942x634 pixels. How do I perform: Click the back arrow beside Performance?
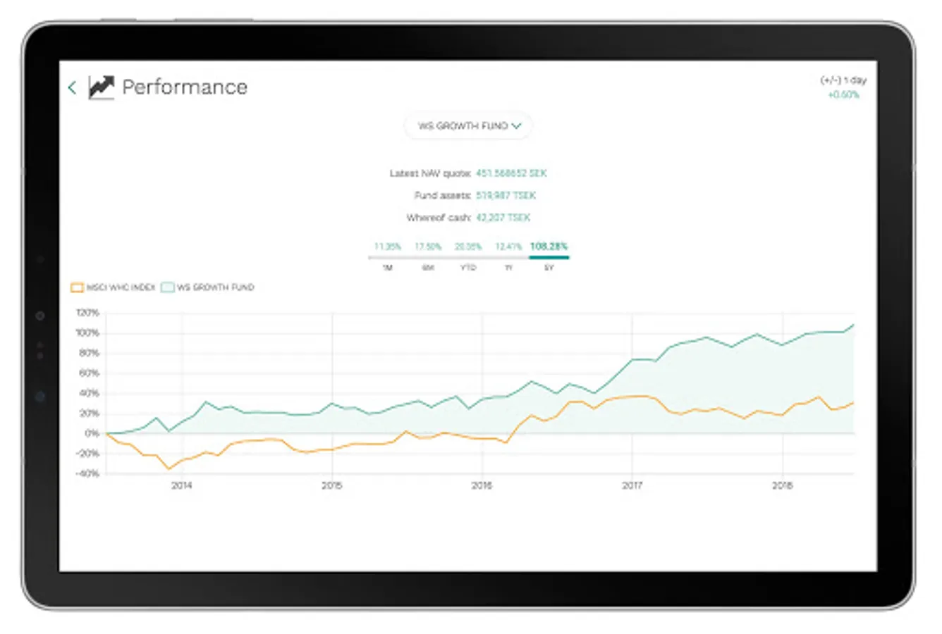[x=72, y=87]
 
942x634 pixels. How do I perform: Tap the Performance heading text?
[x=185, y=87]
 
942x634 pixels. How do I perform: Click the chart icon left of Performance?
[x=101, y=87]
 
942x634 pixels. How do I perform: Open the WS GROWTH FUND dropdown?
[x=469, y=126]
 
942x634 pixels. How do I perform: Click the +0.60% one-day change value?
[x=843, y=95]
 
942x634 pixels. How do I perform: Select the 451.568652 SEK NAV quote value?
[x=511, y=173]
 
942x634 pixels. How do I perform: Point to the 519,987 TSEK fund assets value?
[x=506, y=195]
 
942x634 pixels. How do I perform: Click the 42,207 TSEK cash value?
[x=503, y=218]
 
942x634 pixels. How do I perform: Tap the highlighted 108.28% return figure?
[x=549, y=247]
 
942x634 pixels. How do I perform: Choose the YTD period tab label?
[x=468, y=268]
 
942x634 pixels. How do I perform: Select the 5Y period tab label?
[x=549, y=268]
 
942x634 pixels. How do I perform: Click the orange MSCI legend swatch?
[x=77, y=287]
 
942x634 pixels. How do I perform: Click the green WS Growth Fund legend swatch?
[x=167, y=287]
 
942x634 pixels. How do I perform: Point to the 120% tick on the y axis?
[x=87, y=313]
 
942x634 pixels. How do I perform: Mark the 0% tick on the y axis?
[x=92, y=433]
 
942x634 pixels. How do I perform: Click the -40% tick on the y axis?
[x=87, y=474]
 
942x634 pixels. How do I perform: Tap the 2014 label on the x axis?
[x=182, y=485]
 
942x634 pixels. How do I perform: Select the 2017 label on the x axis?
[x=632, y=485]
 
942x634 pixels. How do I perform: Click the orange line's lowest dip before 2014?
[x=168, y=468]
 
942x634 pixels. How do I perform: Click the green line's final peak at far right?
[x=853, y=325]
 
